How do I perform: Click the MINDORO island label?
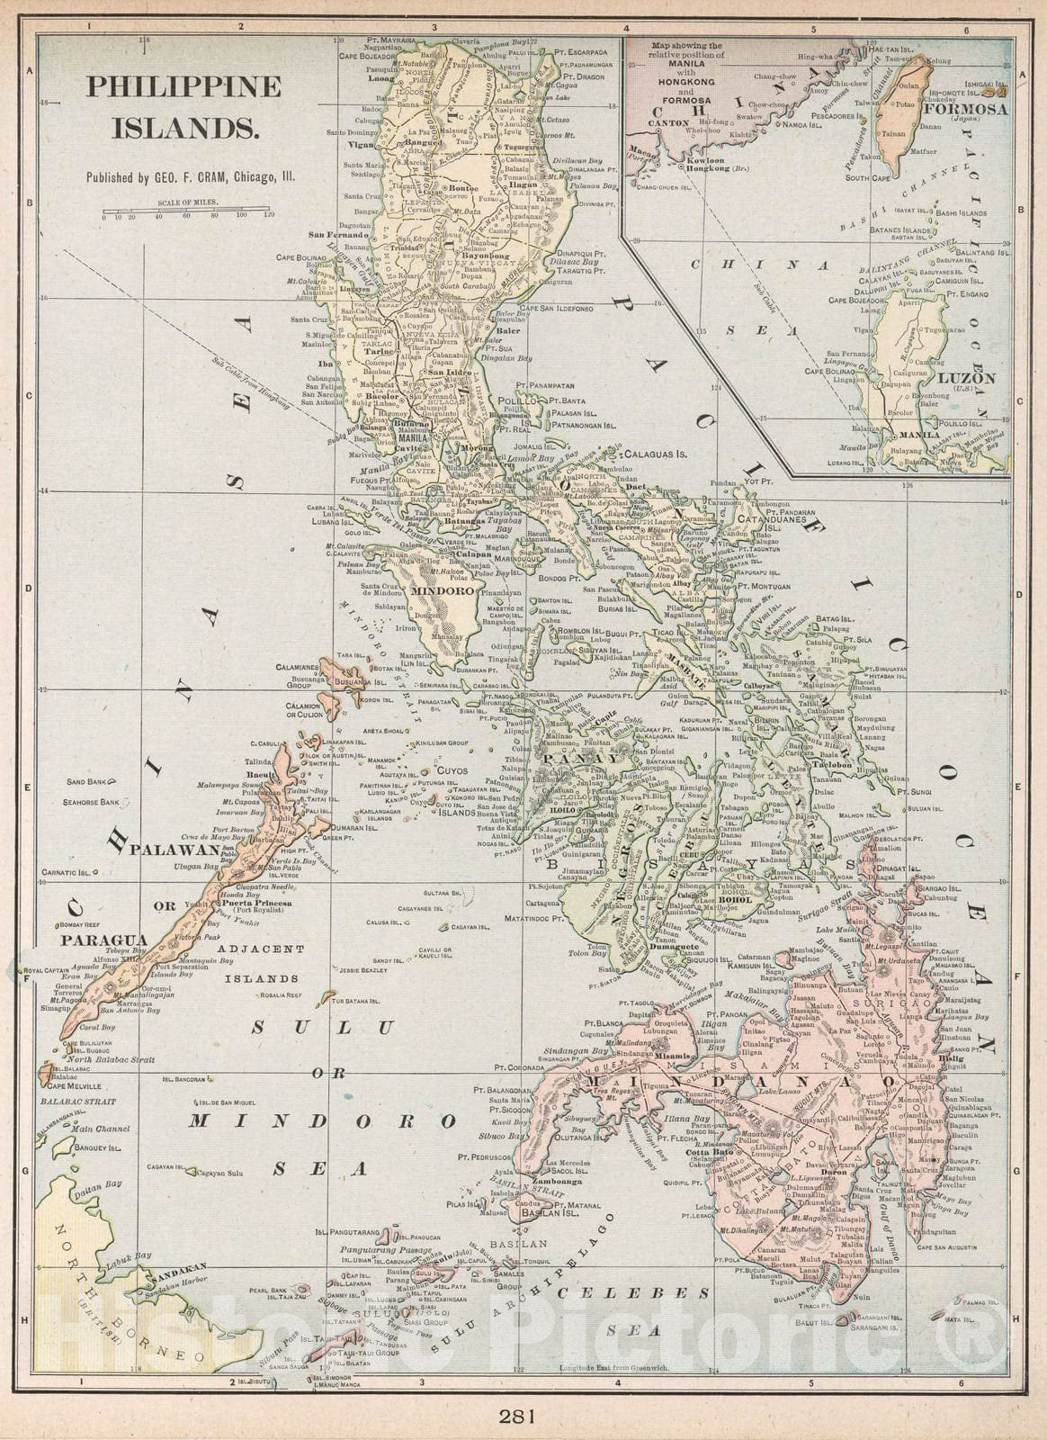tap(442, 592)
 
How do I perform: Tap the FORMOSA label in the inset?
tap(965, 110)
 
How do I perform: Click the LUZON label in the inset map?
tap(967, 379)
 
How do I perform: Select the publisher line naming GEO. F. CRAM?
tap(192, 178)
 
